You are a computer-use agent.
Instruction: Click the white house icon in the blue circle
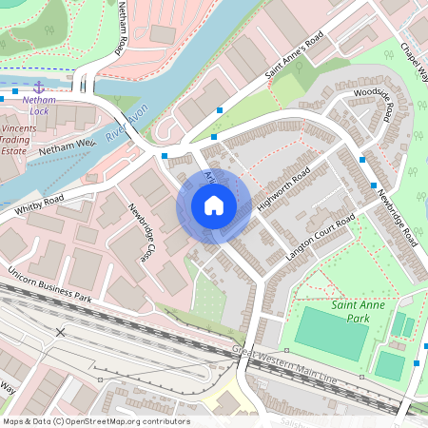214,205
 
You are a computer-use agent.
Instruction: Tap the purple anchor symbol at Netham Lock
39,87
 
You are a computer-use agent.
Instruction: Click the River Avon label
127,125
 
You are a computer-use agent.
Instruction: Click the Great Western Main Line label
285,364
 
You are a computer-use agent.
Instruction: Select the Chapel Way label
414,61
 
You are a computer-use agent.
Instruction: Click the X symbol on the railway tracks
61,333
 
